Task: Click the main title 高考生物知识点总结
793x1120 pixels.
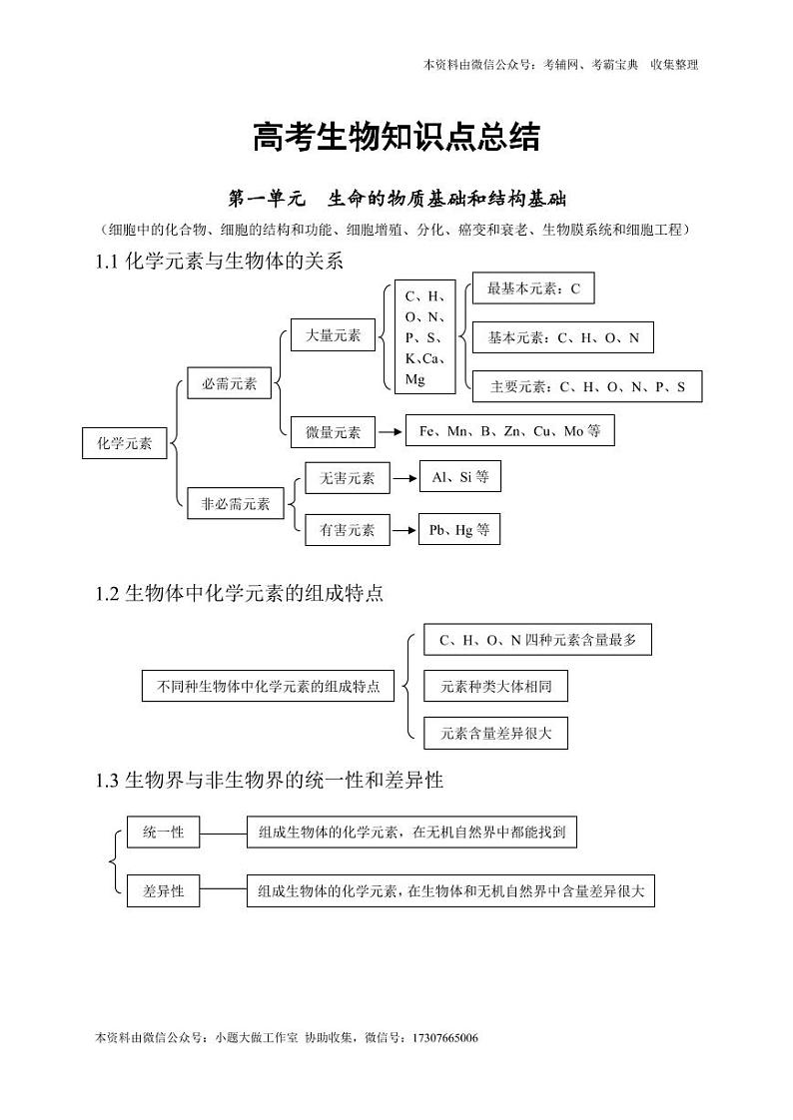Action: [x=396, y=138]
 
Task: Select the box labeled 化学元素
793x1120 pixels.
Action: [x=125, y=443]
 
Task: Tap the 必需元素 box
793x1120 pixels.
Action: [x=229, y=383]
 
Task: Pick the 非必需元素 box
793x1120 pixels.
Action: [x=236, y=503]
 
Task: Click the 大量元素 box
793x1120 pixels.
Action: [x=333, y=336]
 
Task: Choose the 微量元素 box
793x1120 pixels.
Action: [x=333, y=432]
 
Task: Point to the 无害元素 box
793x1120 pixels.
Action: [x=347, y=478]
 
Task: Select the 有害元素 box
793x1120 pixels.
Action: [x=347, y=530]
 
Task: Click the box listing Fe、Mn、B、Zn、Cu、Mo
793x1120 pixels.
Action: [x=509, y=431]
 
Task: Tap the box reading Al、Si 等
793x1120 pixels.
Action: [x=459, y=477]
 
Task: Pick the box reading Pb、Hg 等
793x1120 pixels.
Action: [x=459, y=530]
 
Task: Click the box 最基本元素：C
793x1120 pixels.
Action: [x=533, y=289]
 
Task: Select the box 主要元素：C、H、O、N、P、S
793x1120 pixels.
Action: [x=587, y=386]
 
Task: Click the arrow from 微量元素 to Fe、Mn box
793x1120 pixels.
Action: [x=390, y=432]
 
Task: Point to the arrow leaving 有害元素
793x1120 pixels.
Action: [x=403, y=530]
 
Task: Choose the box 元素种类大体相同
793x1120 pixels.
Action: [x=495, y=686]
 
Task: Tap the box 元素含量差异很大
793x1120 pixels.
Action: [x=495, y=734]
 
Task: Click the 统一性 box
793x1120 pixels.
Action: [x=163, y=831]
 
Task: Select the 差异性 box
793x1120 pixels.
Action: [x=163, y=890]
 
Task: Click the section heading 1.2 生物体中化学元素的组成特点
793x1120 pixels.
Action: [x=240, y=593]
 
